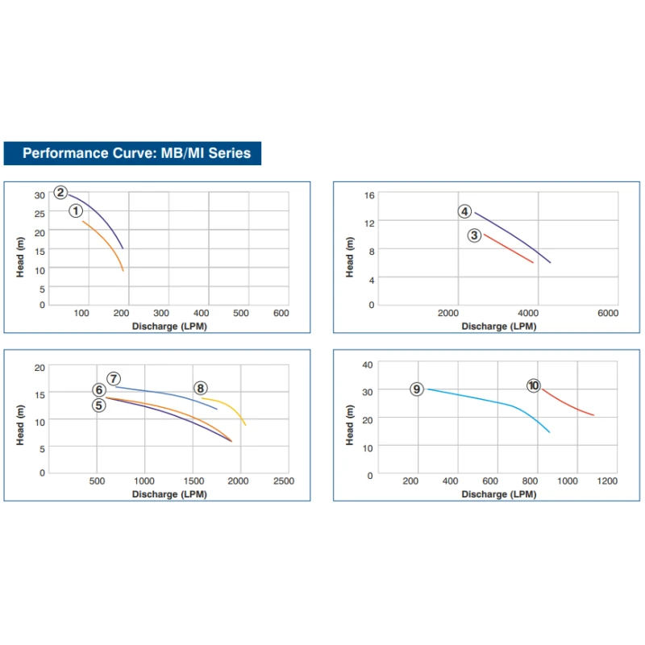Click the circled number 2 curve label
point(60,192)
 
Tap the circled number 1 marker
point(76,210)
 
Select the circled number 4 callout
point(464,211)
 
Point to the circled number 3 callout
point(474,235)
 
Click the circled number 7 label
point(114,378)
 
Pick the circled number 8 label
point(200,389)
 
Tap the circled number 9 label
point(416,389)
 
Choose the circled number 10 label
point(533,385)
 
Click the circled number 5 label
point(98,405)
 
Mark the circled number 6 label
point(98,390)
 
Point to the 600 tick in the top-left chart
point(281,313)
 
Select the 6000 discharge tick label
point(607,313)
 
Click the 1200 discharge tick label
point(607,481)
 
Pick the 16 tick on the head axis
point(370,195)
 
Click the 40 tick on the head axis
point(368,364)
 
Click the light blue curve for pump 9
point(484,399)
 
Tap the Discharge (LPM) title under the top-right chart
point(498,327)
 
